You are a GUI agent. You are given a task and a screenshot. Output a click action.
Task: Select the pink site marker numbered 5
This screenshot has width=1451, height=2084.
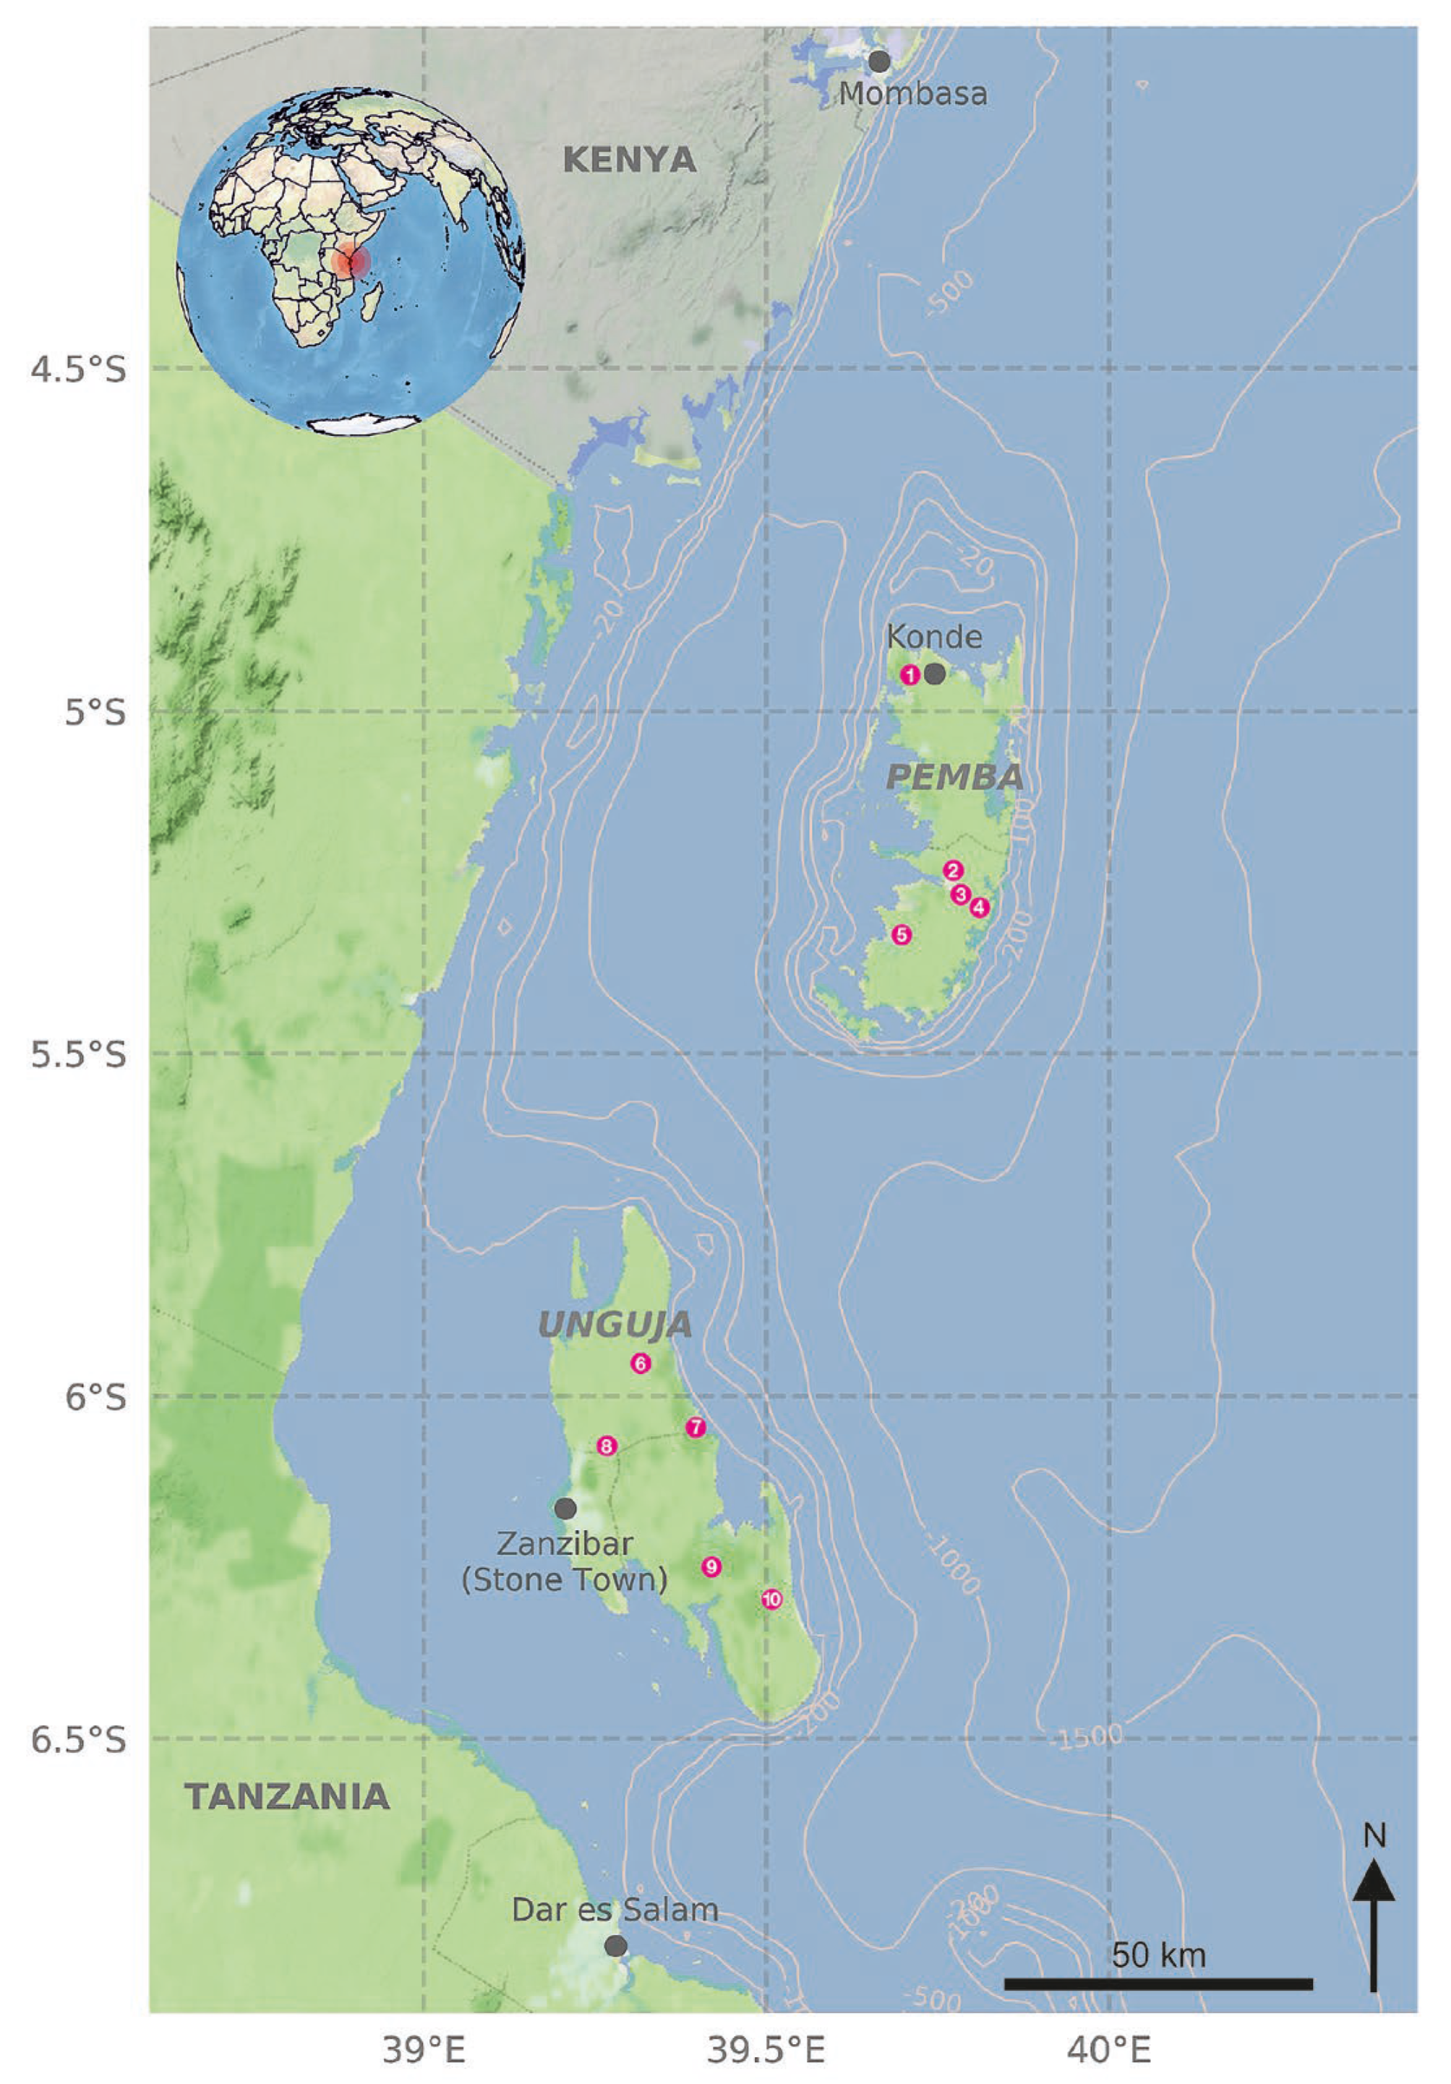coord(900,935)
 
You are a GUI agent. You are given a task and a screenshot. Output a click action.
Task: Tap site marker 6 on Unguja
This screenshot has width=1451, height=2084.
coord(641,1363)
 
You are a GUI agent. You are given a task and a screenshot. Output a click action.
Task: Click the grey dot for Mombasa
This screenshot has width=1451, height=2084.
coord(878,61)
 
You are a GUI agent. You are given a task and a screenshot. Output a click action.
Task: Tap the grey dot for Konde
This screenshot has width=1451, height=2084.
coord(935,673)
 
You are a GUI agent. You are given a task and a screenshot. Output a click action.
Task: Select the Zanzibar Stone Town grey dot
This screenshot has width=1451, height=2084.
coord(565,1508)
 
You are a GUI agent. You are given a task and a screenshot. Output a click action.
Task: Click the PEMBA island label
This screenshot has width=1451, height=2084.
coord(954,777)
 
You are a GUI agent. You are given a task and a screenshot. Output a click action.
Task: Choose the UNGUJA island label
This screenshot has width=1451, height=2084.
coord(615,1325)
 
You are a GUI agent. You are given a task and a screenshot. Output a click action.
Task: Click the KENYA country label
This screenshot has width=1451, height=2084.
coord(629,161)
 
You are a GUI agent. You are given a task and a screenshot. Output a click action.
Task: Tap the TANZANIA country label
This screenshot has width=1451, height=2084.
coord(287,1797)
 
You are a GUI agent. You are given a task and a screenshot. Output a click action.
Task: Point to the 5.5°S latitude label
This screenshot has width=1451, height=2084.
coord(79,1056)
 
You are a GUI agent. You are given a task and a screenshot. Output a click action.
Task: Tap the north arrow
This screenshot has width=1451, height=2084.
coord(1374,1916)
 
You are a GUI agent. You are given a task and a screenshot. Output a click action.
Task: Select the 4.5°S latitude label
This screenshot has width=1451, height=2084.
coord(79,370)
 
